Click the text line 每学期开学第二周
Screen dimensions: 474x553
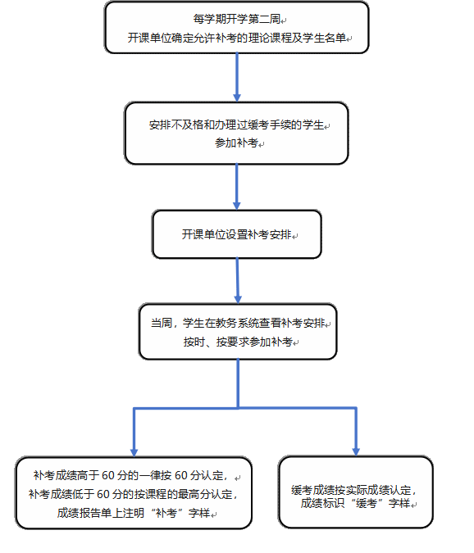click(237, 19)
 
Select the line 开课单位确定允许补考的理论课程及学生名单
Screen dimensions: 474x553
click(237, 38)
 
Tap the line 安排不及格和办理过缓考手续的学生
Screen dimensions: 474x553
click(236, 125)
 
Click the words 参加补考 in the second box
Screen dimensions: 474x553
click(237, 143)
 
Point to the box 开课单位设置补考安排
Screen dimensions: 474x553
click(237, 234)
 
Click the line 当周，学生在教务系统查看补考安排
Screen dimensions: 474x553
click(238, 323)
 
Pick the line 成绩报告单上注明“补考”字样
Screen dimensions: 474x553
click(134, 513)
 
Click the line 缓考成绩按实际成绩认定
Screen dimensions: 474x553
click(354, 490)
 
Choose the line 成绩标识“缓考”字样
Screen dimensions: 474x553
click(355, 503)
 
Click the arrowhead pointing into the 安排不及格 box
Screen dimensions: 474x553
click(237, 97)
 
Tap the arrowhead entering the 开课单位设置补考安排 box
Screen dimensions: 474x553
click(237, 206)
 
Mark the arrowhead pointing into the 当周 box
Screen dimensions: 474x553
click(238, 299)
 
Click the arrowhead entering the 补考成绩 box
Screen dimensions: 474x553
click(134, 452)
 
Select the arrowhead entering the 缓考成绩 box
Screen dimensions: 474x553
click(356, 451)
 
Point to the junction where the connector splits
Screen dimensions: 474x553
click(239, 409)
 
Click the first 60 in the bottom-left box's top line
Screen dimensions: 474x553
click(108, 475)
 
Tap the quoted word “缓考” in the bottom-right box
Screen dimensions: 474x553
click(367, 503)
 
